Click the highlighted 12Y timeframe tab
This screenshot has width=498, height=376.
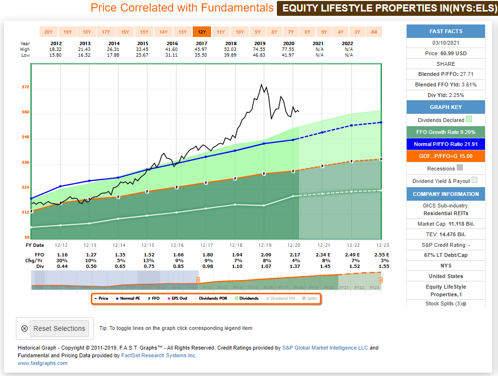coord(202,32)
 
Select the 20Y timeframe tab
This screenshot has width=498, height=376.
coord(49,32)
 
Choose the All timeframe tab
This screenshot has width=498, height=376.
coord(374,32)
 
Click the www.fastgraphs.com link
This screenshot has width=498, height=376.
coord(42,363)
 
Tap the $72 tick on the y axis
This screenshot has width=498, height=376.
coord(25,87)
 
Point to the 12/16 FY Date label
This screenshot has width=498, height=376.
coord(176,245)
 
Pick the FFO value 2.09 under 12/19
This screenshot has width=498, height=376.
coord(264,255)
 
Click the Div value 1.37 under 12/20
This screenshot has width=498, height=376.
coord(293,266)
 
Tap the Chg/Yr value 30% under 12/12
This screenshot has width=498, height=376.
coord(62,260)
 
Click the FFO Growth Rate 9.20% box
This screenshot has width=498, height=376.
coord(446,132)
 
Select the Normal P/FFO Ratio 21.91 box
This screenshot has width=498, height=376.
coord(446,144)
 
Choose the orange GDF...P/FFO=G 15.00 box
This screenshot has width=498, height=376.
coord(446,156)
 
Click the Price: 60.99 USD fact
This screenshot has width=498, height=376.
coord(446,53)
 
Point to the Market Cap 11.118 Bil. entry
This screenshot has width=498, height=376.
coord(446,224)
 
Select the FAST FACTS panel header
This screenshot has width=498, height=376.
coord(446,31)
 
